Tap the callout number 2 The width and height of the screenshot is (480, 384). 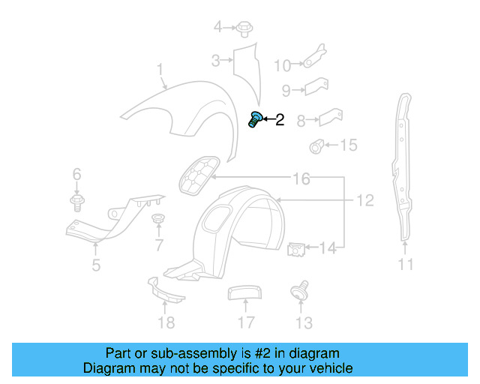click(280, 119)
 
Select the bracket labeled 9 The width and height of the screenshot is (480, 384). click(314, 86)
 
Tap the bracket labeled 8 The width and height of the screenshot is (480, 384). click(330, 117)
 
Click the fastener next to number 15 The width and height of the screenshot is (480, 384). click(317, 145)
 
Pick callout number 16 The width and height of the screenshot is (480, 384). click(301, 179)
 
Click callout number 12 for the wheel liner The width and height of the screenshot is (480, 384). click(364, 201)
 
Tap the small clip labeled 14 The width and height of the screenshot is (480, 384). click(296, 247)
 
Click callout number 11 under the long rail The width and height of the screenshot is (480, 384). click(406, 264)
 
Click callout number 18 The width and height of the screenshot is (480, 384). click(166, 322)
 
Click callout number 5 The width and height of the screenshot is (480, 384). click(96, 264)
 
